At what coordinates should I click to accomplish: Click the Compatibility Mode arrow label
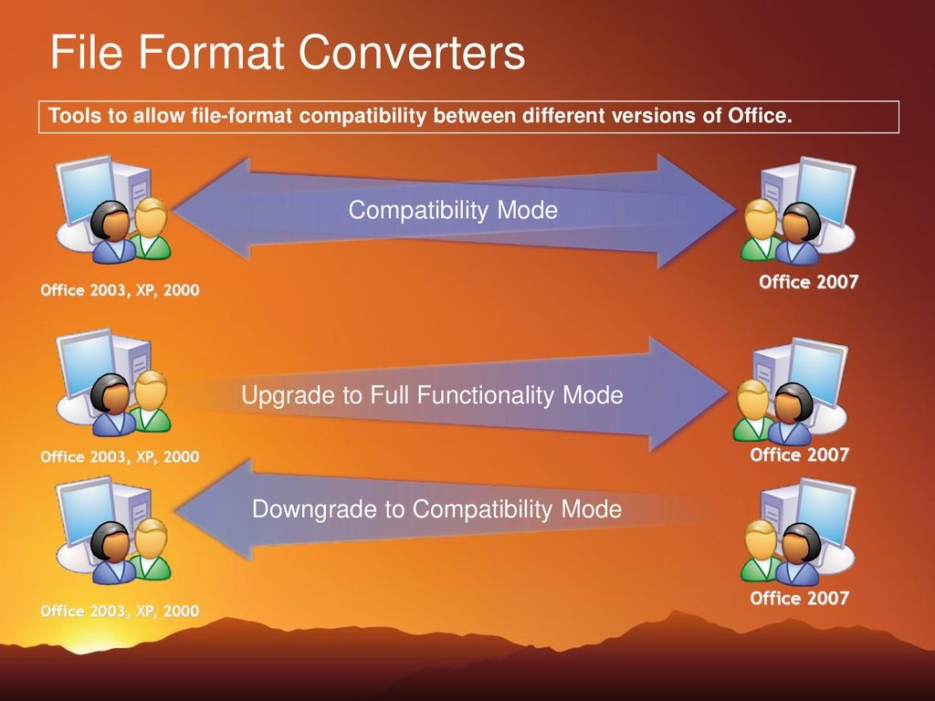(453, 211)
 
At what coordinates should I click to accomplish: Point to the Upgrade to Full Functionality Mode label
(432, 395)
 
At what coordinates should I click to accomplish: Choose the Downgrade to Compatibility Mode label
(436, 508)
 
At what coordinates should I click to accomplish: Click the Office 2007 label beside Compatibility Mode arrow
(808, 282)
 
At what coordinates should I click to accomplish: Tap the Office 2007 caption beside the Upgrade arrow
(799, 455)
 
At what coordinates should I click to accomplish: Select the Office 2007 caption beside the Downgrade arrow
(799, 599)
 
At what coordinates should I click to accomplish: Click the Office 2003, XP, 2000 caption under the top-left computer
(120, 290)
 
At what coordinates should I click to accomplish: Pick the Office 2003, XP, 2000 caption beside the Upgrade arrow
(120, 456)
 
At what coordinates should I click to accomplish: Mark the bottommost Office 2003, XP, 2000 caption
(120, 611)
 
